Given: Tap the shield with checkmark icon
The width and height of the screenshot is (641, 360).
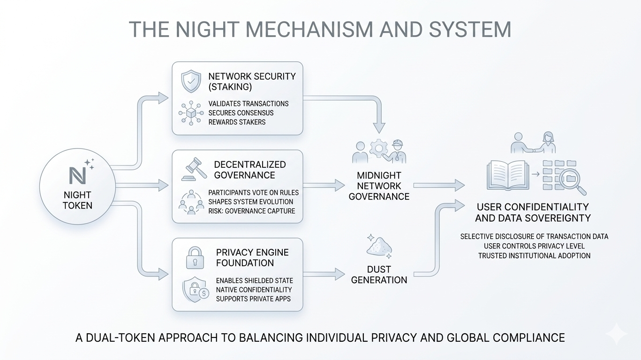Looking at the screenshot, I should point(191,82).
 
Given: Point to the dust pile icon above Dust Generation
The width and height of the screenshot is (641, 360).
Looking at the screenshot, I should point(378,246).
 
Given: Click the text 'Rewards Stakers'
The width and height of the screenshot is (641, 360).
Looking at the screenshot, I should point(237,122).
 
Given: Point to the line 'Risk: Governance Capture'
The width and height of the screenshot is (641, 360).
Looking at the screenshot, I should point(252,210).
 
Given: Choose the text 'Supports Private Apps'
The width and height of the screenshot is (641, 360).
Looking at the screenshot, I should point(253,299).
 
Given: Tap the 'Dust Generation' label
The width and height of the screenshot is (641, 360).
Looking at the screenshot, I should point(379,275).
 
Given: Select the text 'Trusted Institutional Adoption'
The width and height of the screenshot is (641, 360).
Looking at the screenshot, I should point(534,256).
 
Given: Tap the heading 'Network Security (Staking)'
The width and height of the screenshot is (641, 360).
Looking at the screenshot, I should point(252,82).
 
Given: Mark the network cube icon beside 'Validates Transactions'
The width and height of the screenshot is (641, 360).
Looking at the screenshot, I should point(191,113).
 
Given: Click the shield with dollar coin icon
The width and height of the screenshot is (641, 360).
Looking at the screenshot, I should point(195,289).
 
